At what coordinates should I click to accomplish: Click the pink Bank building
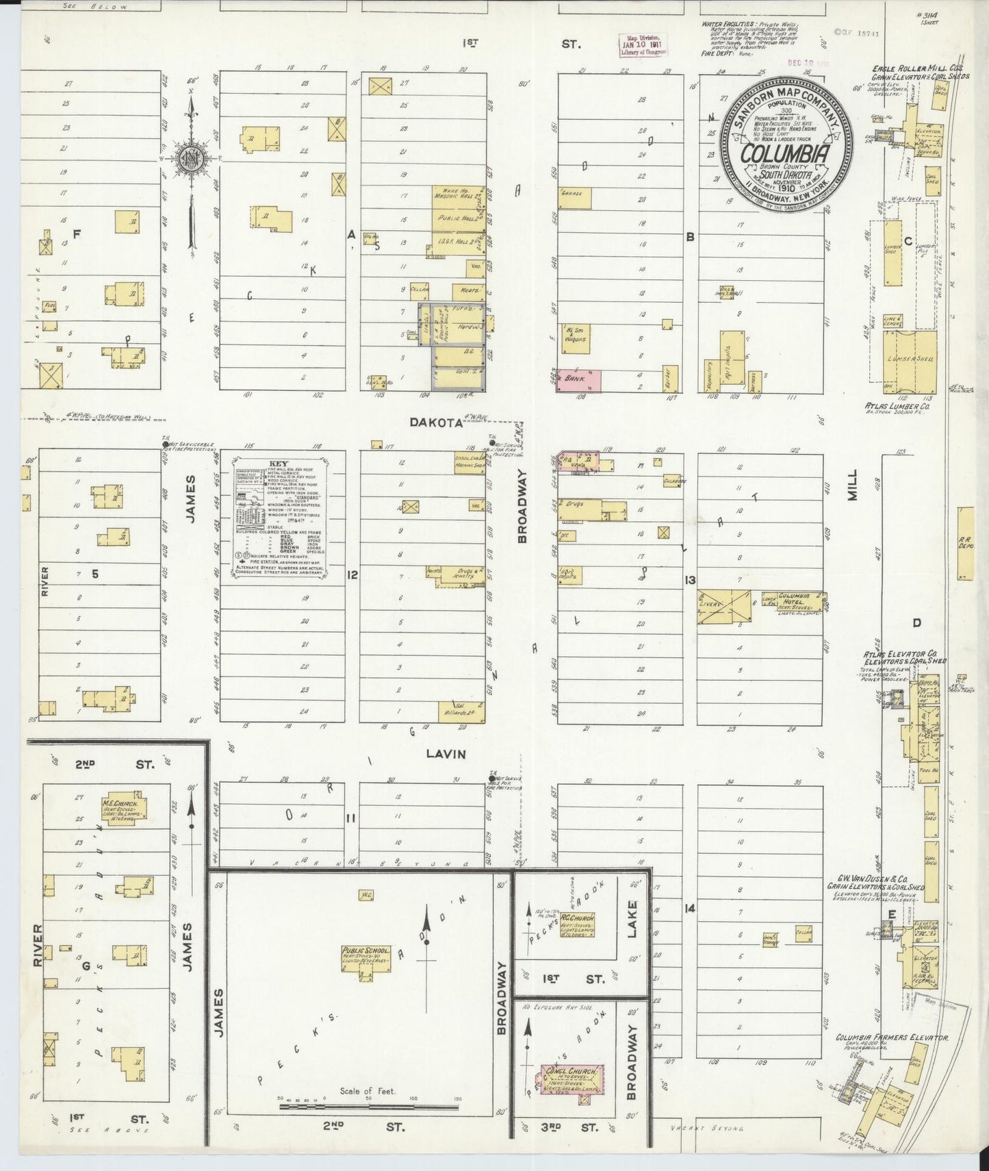[x=580, y=381]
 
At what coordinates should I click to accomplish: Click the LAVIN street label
[x=446, y=754]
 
